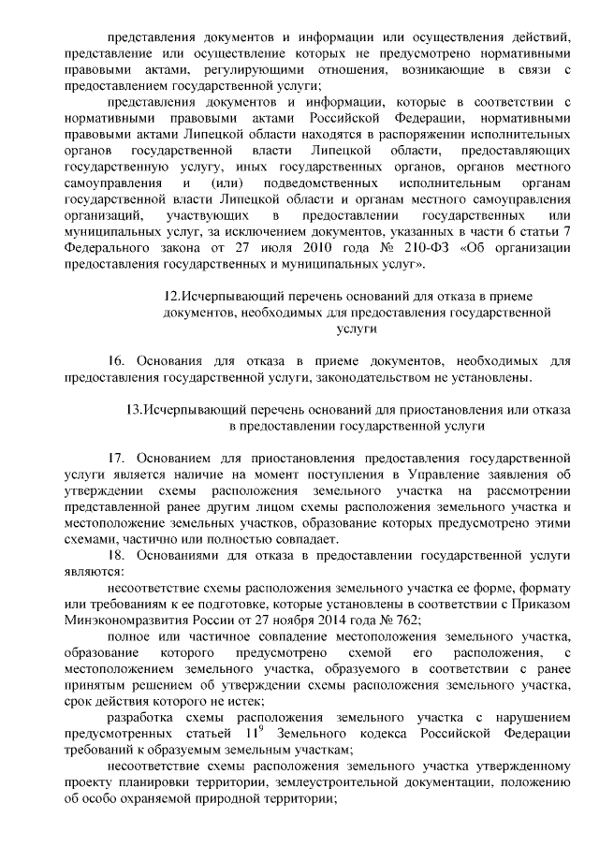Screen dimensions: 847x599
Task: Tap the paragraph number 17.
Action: point(117,459)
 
